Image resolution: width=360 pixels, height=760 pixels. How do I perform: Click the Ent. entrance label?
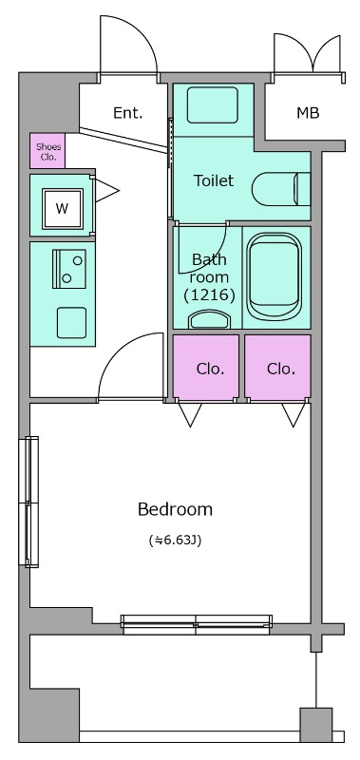[x=128, y=113]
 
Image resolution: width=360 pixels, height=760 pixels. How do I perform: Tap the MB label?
[x=308, y=113]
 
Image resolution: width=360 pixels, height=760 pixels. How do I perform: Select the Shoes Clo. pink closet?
[x=47, y=151]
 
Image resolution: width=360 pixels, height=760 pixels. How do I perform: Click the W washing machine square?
[x=62, y=208]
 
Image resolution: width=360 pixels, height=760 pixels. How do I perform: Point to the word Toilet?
[x=214, y=180]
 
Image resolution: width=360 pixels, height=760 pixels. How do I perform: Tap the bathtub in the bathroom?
[x=275, y=276]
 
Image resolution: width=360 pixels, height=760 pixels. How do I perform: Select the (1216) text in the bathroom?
[x=209, y=294]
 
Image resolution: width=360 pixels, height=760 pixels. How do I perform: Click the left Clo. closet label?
[x=210, y=369]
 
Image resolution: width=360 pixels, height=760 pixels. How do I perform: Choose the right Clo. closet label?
[x=281, y=369]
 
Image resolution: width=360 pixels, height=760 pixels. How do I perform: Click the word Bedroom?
[x=175, y=509]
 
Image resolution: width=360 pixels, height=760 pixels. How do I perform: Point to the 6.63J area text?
[x=175, y=540]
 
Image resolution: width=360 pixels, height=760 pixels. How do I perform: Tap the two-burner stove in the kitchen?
[x=69, y=269]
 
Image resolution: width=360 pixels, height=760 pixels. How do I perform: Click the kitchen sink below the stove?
[x=71, y=322]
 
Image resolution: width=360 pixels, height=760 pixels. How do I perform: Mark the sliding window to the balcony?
[x=197, y=625]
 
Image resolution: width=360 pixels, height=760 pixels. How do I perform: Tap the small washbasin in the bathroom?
[x=209, y=319]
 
